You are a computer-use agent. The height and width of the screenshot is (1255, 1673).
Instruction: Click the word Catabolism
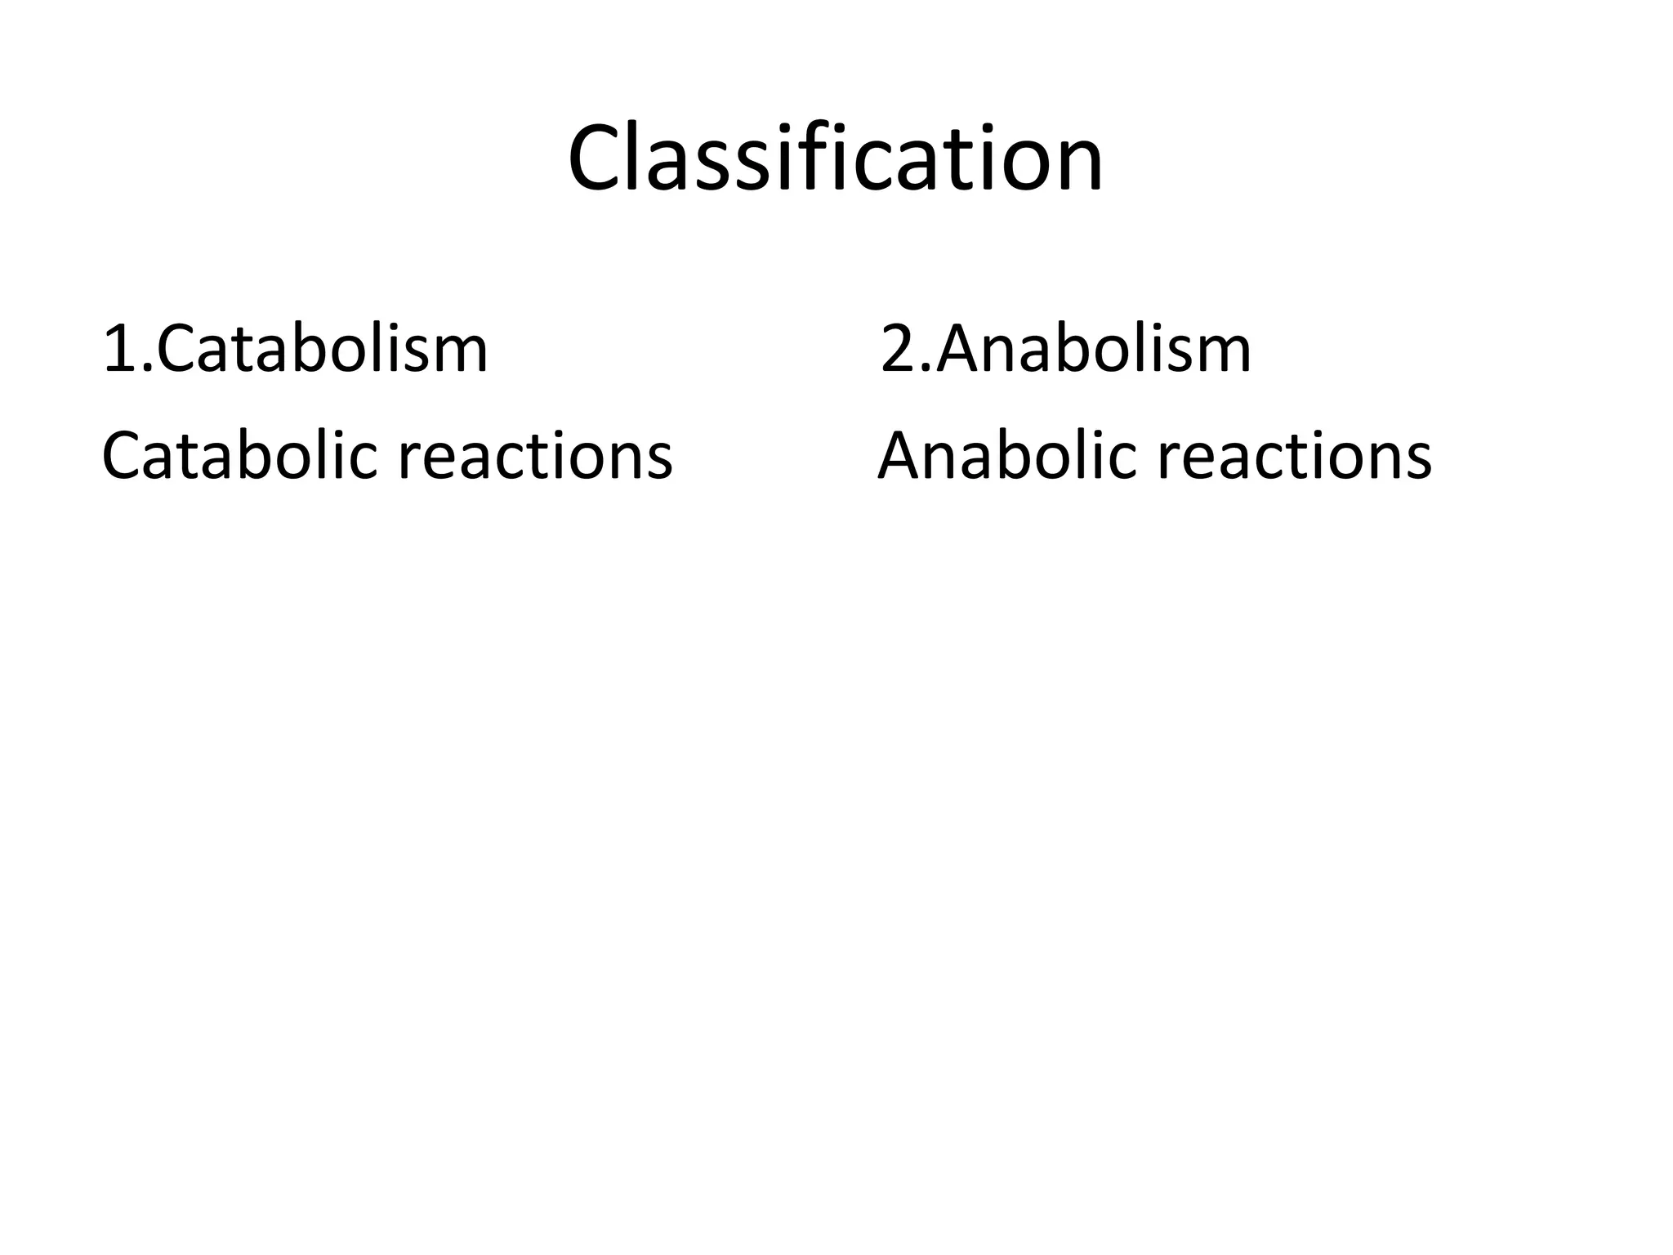click(x=322, y=350)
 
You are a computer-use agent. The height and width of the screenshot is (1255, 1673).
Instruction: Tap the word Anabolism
click(x=1093, y=350)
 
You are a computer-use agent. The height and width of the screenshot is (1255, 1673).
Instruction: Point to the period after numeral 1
click(x=147, y=369)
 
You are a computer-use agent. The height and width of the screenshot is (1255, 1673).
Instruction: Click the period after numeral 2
click(x=926, y=369)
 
